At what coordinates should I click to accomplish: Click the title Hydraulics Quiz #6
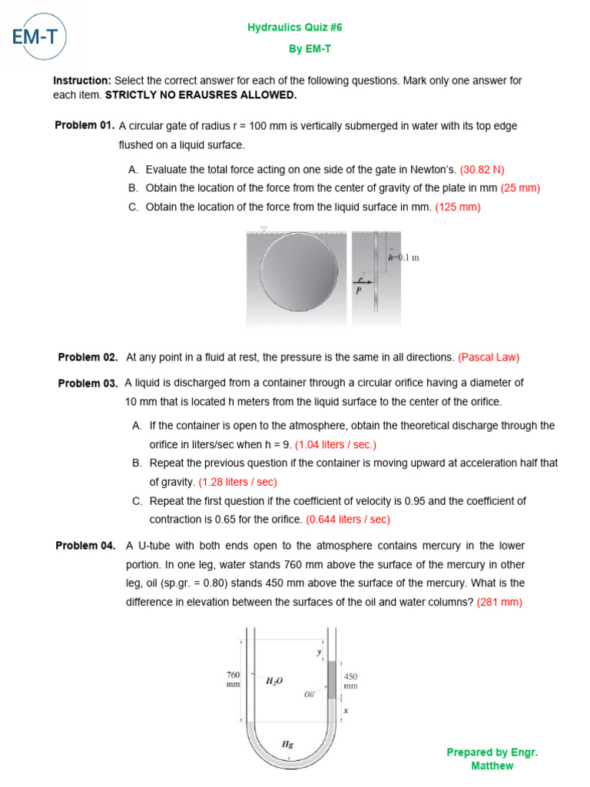(x=294, y=27)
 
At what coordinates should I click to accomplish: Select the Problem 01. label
(x=85, y=125)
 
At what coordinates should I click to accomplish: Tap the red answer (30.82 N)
(x=482, y=170)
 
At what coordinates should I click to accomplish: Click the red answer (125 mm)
(x=458, y=207)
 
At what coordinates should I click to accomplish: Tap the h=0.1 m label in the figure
(x=403, y=258)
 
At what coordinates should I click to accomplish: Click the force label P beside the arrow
(x=358, y=291)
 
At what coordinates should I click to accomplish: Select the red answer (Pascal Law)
(x=489, y=357)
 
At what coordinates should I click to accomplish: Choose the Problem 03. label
(x=88, y=384)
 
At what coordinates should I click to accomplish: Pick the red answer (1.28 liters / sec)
(x=237, y=483)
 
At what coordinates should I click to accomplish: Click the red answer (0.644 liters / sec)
(x=348, y=520)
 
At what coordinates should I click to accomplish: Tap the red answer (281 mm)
(x=499, y=603)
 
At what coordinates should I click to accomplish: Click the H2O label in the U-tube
(x=274, y=680)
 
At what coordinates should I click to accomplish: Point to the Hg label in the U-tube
(x=287, y=744)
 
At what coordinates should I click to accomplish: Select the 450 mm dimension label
(x=350, y=681)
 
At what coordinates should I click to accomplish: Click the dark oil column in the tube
(x=332, y=679)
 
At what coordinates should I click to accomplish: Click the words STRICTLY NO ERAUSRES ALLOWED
(x=201, y=95)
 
